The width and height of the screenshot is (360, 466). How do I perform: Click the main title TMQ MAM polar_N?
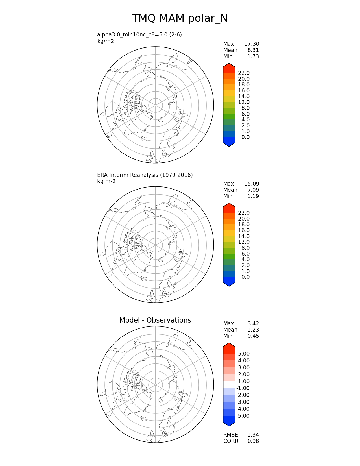(x=180, y=19)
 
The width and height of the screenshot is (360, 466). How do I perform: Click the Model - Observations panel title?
(x=155, y=320)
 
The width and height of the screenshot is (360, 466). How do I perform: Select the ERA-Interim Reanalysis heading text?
(x=145, y=175)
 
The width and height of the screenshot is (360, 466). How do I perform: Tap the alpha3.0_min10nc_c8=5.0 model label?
(x=139, y=35)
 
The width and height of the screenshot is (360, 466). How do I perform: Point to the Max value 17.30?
(x=252, y=44)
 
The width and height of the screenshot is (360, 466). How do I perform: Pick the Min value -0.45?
(x=252, y=336)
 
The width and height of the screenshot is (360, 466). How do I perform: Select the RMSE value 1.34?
(x=253, y=435)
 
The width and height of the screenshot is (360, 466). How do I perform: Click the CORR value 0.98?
(x=253, y=441)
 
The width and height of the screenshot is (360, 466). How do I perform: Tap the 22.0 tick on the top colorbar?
(x=244, y=73)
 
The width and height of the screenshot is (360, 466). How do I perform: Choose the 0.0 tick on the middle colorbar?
(x=245, y=277)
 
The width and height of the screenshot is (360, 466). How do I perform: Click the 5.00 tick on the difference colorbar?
(x=244, y=354)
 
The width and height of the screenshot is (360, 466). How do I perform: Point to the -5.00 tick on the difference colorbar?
(x=243, y=416)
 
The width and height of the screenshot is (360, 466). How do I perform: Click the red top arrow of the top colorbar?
(x=229, y=68)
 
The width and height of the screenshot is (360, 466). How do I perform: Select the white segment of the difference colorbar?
(x=229, y=385)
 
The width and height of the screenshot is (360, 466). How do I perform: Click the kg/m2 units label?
(x=105, y=41)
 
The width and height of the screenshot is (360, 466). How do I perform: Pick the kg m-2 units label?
(x=106, y=181)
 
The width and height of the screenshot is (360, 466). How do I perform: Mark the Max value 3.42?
(x=253, y=324)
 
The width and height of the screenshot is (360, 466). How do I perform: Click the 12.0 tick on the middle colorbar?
(x=244, y=242)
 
